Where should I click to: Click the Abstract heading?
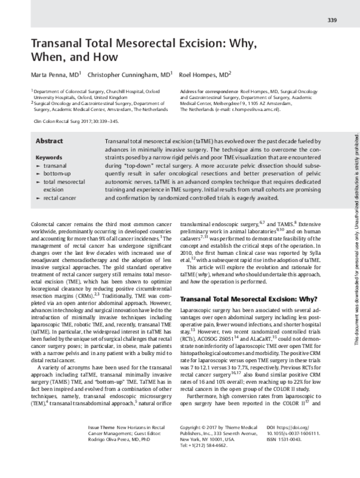[x=50, y=140]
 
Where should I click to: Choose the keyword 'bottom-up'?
[x=58, y=172]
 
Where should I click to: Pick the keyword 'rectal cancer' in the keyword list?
[x=61, y=196]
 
